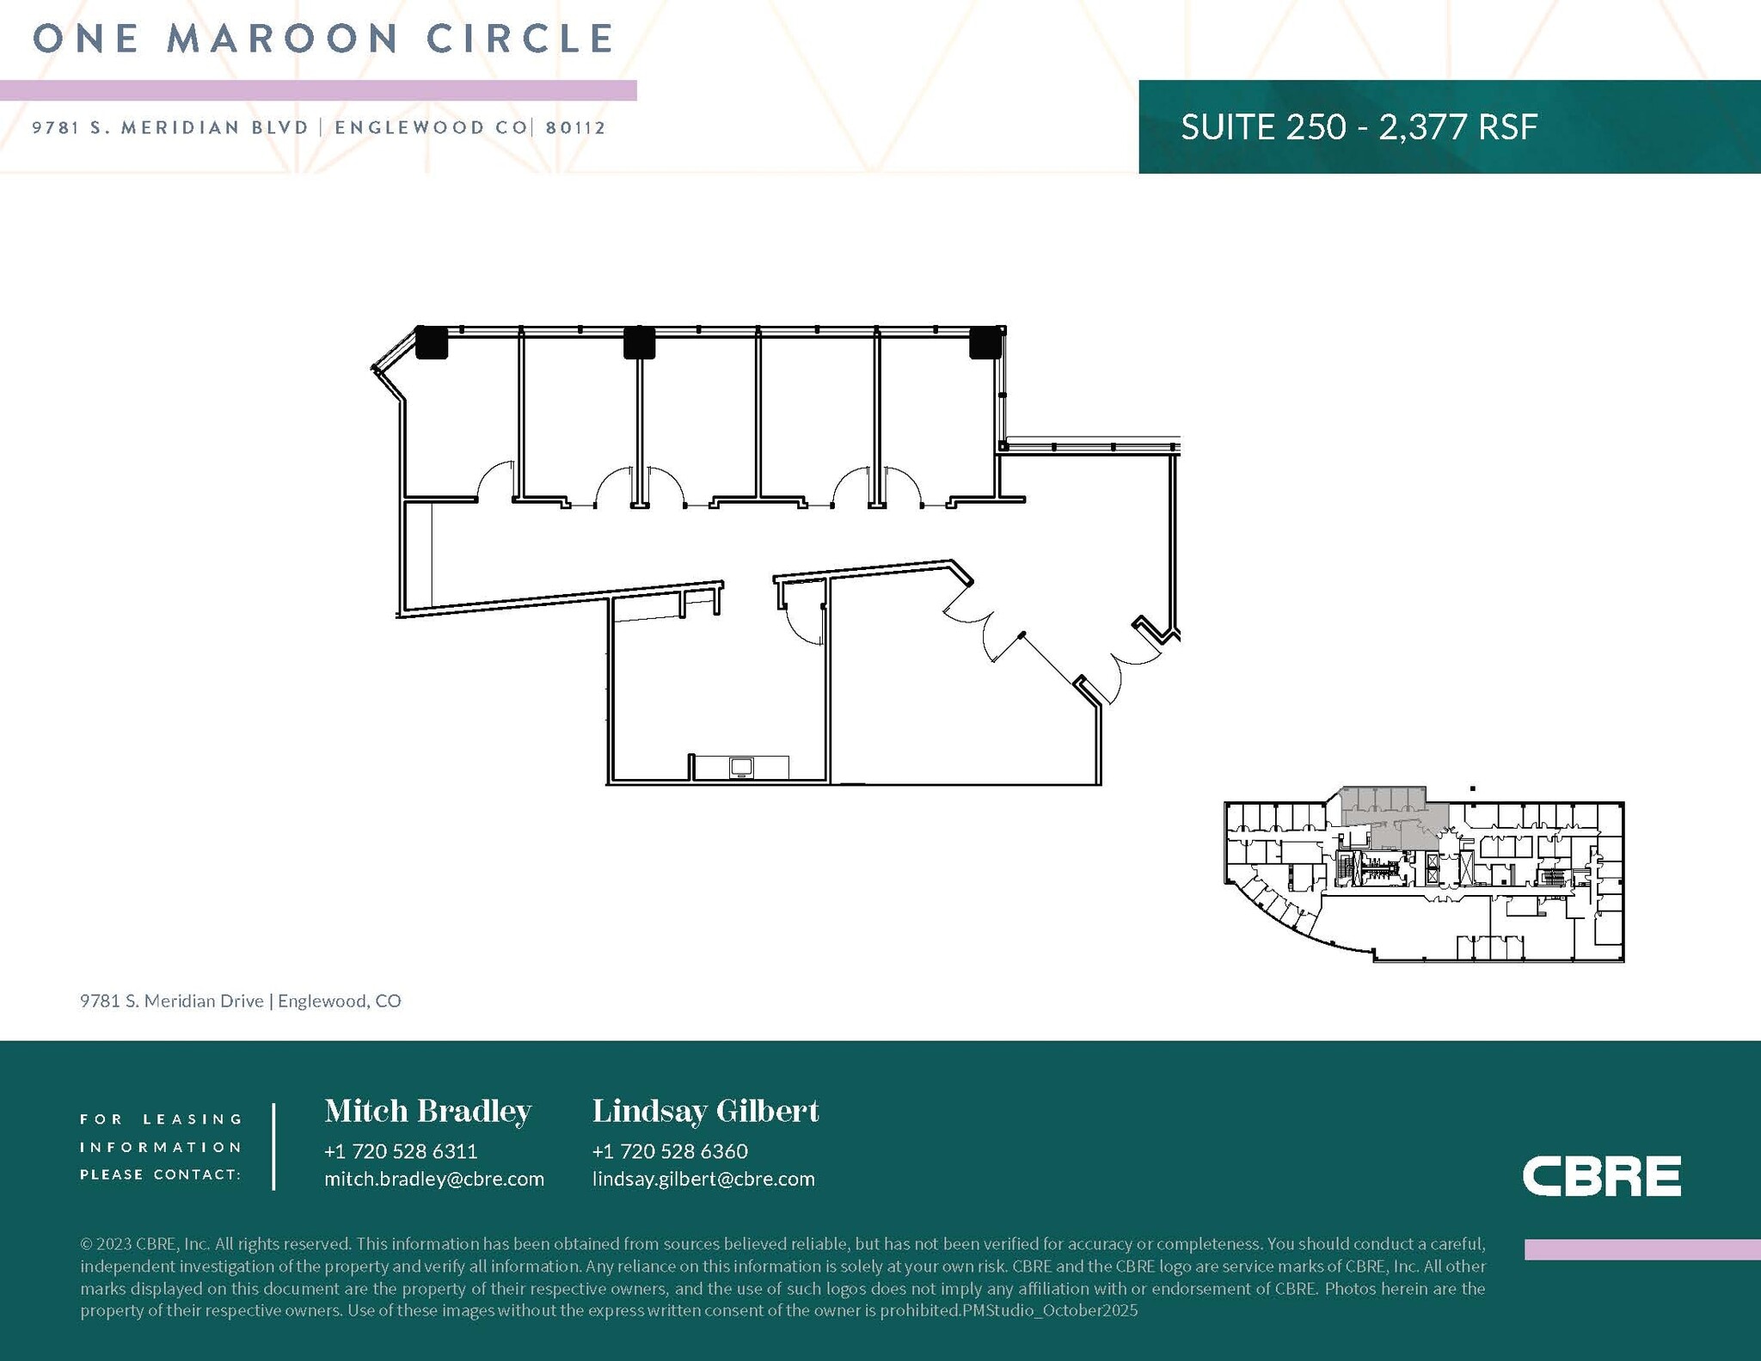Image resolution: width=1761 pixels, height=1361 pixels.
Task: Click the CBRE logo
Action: [x=1601, y=1175]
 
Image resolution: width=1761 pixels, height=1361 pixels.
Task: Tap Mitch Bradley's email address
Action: [x=434, y=1179]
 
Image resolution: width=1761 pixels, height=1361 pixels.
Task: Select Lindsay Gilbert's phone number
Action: [x=670, y=1151]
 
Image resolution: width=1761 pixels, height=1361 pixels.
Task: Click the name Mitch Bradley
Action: [x=428, y=1111]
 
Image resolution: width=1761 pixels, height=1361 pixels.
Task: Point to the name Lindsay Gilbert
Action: [x=706, y=1111]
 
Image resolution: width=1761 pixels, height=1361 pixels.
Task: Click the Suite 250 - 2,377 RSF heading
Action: [x=1359, y=126]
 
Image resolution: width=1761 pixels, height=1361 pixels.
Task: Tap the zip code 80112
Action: [x=576, y=128]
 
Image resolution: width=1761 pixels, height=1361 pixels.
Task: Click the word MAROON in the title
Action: [x=282, y=39]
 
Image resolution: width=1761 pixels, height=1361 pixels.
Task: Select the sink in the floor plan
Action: [x=741, y=767]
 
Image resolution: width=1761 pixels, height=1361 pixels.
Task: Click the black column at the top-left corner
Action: [x=432, y=342]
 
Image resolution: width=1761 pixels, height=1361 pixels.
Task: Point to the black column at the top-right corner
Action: [x=985, y=342]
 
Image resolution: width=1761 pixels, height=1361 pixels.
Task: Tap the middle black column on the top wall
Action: [x=639, y=342]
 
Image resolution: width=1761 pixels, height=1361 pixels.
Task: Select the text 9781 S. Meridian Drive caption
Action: [x=172, y=1001]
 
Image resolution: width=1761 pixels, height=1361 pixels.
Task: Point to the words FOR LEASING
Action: [x=162, y=1119]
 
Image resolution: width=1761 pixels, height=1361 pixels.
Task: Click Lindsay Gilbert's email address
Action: [x=703, y=1179]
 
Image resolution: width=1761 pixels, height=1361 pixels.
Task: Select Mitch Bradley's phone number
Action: [x=401, y=1151]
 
